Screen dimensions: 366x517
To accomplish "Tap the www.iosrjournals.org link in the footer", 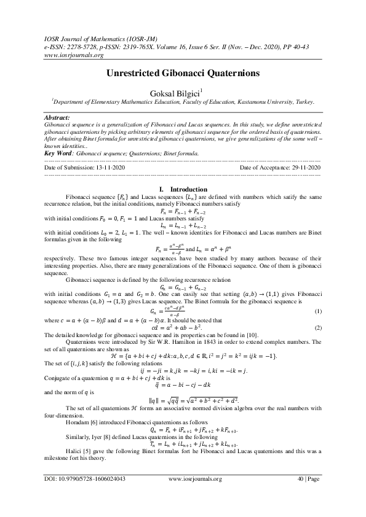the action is point(194,496).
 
